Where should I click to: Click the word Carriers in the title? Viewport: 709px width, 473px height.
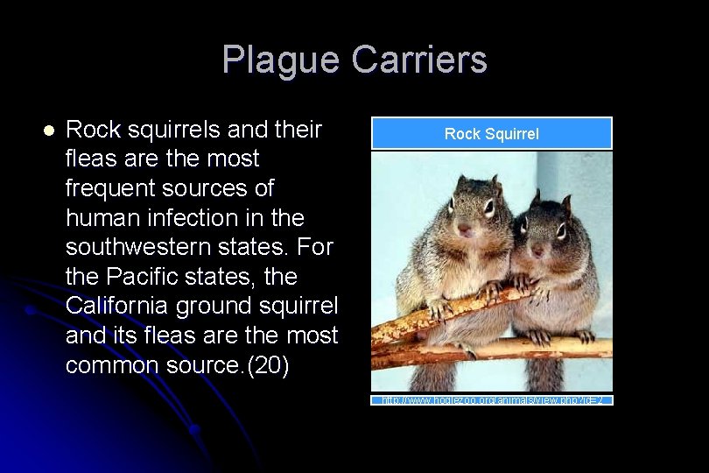(419, 60)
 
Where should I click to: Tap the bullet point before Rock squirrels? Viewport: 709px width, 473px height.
(49, 131)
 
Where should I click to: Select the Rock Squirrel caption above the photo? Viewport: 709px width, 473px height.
(491, 134)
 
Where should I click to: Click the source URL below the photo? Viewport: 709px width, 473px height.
(491, 400)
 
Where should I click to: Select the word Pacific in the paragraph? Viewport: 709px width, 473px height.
(143, 277)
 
